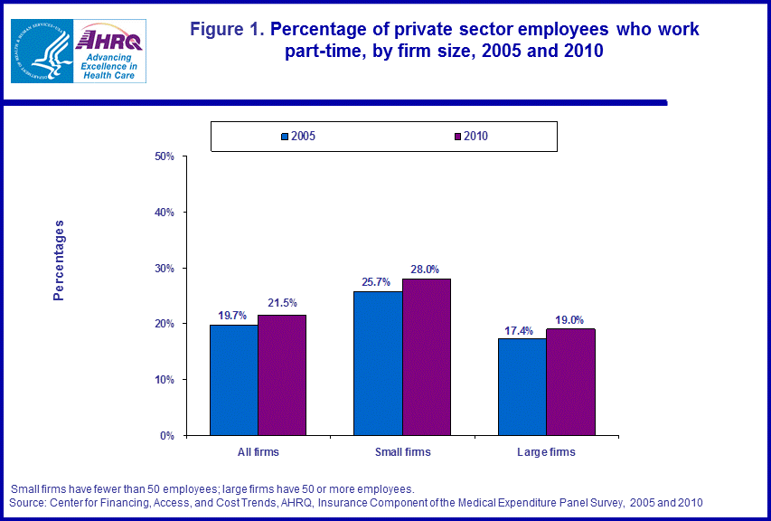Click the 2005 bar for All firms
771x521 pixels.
click(x=233, y=380)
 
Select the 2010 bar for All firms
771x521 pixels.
click(x=282, y=374)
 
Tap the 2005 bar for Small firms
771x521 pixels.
click(x=378, y=363)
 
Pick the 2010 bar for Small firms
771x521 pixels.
click(x=426, y=356)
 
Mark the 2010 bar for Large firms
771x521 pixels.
click(x=570, y=382)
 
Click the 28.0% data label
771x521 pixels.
click(x=425, y=270)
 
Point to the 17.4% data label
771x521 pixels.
click(x=522, y=329)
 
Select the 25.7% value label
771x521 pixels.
click(x=376, y=282)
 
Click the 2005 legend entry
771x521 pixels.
click(x=297, y=137)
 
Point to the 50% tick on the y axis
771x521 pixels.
click(x=164, y=156)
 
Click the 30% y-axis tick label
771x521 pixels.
click(x=164, y=269)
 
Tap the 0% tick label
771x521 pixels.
click(x=166, y=436)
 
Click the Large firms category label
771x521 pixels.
click(x=547, y=452)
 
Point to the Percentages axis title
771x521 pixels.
click(x=59, y=260)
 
